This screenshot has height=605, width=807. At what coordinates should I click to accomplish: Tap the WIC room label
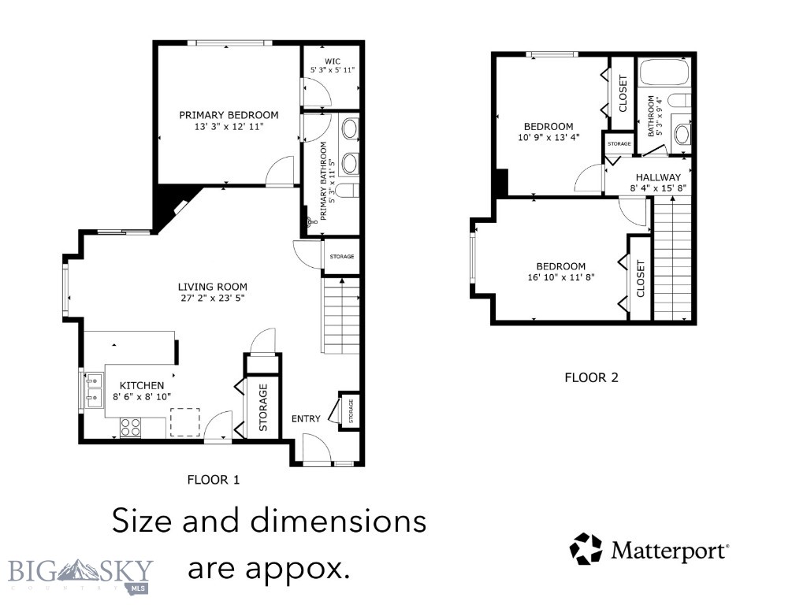(x=333, y=60)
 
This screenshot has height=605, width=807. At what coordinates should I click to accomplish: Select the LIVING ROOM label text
(x=213, y=287)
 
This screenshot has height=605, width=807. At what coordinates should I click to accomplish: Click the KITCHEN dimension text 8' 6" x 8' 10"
(x=142, y=397)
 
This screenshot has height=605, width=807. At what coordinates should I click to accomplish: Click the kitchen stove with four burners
(x=131, y=427)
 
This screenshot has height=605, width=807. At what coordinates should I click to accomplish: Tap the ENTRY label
(x=306, y=418)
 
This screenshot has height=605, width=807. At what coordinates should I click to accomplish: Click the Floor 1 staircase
(x=340, y=315)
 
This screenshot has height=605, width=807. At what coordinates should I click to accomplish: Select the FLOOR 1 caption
(x=213, y=479)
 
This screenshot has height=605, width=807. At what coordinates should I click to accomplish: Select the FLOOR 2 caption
(x=591, y=377)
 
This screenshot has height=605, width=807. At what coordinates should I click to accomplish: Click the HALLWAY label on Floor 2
(x=658, y=178)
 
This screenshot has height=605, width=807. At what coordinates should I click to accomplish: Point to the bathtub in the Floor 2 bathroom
(x=664, y=73)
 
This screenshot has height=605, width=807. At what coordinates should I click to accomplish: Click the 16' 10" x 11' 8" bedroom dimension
(x=561, y=278)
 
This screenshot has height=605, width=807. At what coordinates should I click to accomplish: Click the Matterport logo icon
(x=585, y=548)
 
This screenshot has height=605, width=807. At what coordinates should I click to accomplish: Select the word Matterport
(x=668, y=549)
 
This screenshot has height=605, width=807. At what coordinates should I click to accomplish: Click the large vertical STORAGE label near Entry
(x=263, y=408)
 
